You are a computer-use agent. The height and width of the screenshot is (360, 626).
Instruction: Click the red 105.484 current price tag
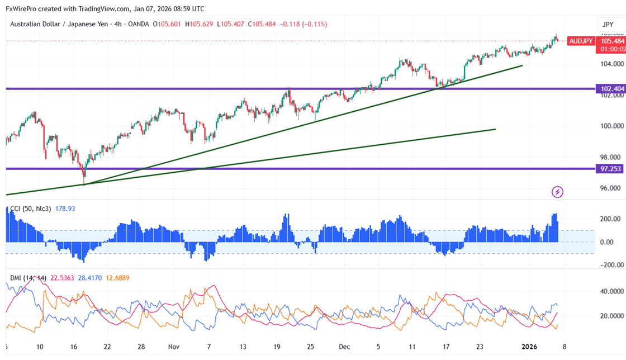point(612,41)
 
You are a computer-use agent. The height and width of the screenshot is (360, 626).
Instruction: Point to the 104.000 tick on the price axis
point(609,64)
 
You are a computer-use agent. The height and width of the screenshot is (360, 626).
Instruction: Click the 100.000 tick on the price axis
point(609,126)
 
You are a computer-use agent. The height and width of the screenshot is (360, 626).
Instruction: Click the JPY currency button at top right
point(608,25)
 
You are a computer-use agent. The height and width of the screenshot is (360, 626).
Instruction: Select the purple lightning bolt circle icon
point(557,192)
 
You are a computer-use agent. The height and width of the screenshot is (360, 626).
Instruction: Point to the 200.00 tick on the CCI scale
point(610,219)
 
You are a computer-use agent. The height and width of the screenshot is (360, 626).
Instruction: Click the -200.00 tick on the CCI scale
point(609,265)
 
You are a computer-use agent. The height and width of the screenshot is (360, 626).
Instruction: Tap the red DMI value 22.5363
point(63,278)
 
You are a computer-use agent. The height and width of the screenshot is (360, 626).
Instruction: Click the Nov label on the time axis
point(175,347)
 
